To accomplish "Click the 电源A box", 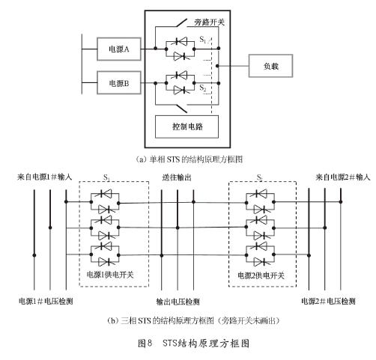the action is point(119,49).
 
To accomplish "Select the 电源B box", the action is point(119,83).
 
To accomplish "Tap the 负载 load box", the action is point(270,66).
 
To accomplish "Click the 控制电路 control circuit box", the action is point(187,126).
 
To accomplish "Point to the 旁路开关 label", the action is point(210,22).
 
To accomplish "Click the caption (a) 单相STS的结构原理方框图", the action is point(189,159).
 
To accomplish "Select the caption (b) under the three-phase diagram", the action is point(193,320).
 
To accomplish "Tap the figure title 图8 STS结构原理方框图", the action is point(193,344).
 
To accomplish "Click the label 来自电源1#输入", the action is point(44,177).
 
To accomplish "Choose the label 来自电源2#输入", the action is point(343,177).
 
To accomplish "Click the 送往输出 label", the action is point(177,177).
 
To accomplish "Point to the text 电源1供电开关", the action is point(110,275).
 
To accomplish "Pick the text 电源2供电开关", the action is point(261,275).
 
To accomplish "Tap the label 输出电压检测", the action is point(178,302).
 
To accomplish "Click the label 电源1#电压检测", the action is point(46,301).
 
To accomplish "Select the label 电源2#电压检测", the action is point(328,301).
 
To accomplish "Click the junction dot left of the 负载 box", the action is point(217,66).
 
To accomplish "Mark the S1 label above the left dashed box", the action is point(106,177).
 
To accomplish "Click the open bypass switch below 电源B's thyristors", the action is point(182,109).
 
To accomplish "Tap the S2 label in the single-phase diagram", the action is point(203,88).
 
